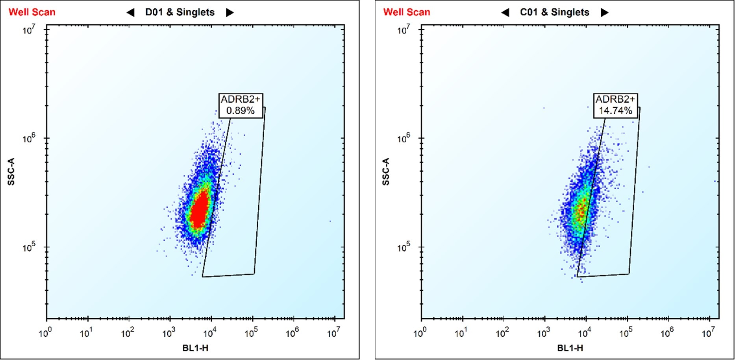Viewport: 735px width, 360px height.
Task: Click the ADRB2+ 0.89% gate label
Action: pos(240,105)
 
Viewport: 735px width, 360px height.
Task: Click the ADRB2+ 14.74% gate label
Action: pos(615,105)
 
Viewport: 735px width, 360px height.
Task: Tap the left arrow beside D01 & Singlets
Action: pos(130,13)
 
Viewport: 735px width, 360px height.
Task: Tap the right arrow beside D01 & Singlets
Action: pos(230,13)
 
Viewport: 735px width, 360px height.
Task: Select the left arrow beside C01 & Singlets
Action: pos(505,13)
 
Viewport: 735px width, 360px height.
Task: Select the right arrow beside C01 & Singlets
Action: pos(605,13)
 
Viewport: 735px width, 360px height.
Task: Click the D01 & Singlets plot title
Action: pos(180,12)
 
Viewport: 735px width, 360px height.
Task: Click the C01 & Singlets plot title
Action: pos(554,12)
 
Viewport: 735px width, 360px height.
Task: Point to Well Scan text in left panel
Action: pos(32,12)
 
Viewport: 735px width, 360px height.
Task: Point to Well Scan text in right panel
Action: pos(407,12)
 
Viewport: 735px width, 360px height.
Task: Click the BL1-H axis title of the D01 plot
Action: pos(195,348)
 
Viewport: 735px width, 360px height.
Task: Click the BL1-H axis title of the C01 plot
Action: pos(570,348)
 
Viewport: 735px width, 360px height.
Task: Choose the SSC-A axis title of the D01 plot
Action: pos(11,172)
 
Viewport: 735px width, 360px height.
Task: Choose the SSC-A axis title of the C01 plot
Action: pos(386,172)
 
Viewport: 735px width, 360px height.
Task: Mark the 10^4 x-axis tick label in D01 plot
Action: pos(210,334)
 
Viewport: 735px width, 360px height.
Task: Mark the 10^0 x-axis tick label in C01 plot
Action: pos(420,334)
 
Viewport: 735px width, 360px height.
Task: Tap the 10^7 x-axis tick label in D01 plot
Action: pos(333,334)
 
